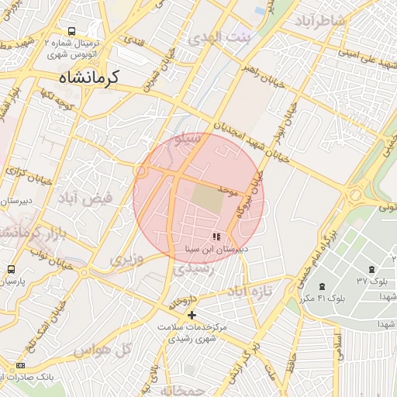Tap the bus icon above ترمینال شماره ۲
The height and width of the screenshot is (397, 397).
pos(71,32)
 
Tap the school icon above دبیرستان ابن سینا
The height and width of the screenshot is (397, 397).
pos(216,236)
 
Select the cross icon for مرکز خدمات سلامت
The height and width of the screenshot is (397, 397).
pos(192,314)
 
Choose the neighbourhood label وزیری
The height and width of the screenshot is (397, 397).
pos(126,258)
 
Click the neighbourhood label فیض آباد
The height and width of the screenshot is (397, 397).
pos(85,198)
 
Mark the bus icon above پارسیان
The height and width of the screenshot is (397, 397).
pos(10,268)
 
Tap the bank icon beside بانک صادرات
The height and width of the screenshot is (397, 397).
pos(20,365)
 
